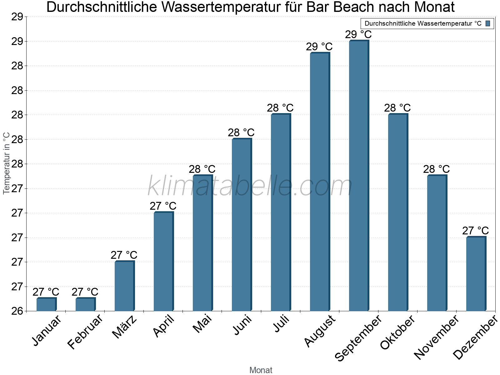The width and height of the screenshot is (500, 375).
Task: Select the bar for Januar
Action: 46,304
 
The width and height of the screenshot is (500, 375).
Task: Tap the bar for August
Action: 320,182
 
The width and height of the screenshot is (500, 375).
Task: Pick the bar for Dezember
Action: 476,274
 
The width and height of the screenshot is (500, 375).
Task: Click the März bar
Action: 124,286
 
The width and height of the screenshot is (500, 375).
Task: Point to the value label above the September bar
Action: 358,34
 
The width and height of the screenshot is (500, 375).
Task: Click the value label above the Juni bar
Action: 241,132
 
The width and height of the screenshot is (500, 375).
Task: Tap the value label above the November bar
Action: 437,169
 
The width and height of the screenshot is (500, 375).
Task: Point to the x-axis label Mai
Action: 202,324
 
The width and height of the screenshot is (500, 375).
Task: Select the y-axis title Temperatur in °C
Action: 6,163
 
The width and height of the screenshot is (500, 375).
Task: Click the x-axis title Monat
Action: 261,370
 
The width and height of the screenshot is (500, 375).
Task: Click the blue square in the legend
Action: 488,23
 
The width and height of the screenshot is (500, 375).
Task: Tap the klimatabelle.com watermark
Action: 250,186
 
